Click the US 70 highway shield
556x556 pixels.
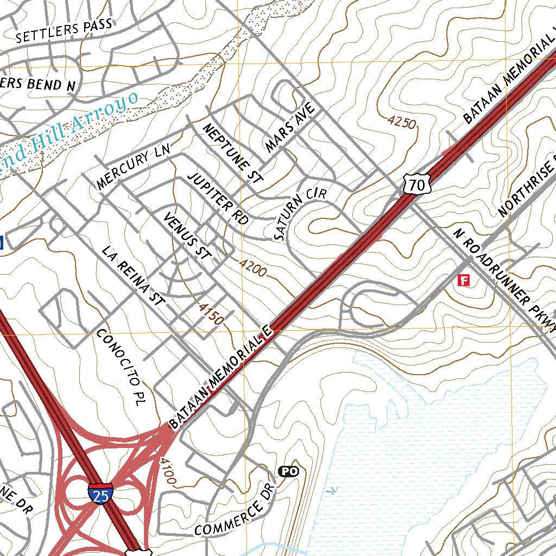pyautogui.click(x=418, y=184)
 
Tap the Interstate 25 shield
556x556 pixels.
pyautogui.click(x=100, y=492)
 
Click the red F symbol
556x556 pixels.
pyautogui.click(x=464, y=280)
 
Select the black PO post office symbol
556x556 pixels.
pyautogui.click(x=289, y=471)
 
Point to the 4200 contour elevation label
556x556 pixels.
pyautogui.click(x=253, y=268)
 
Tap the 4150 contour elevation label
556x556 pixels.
pyautogui.click(x=211, y=314)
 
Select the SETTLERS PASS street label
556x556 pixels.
pyautogui.click(x=64, y=30)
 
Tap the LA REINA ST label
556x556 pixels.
pyautogui.click(x=133, y=276)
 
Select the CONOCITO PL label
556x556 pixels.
pyautogui.click(x=118, y=363)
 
